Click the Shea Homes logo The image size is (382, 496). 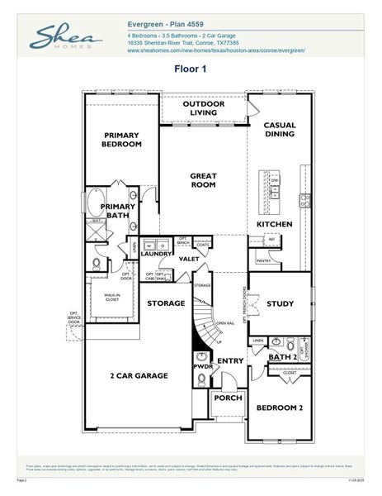(x=67, y=38)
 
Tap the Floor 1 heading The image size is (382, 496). (x=190, y=69)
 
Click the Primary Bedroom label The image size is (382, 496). (x=122, y=140)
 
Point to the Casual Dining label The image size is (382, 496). (x=280, y=130)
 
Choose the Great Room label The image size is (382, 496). (x=203, y=181)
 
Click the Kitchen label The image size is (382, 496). (x=274, y=225)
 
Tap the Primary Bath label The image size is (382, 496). (x=118, y=212)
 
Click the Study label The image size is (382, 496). (x=280, y=304)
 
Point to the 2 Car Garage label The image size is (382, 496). (x=139, y=376)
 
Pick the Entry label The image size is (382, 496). (x=230, y=361)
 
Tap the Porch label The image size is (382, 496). (x=228, y=398)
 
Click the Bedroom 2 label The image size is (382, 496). (x=280, y=409)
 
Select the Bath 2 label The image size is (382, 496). (x=282, y=357)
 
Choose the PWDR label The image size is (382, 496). (x=203, y=365)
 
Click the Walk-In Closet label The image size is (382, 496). (x=112, y=298)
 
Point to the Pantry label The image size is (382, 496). (x=264, y=261)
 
